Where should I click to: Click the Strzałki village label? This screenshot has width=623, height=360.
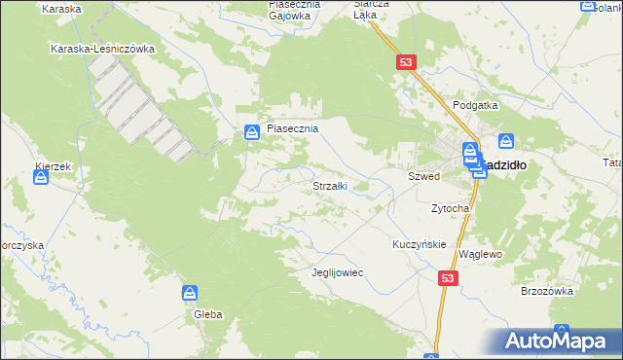pos(330,186)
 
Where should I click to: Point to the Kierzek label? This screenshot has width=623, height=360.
pos(53,166)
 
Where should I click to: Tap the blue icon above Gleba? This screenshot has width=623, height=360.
pos(191,293)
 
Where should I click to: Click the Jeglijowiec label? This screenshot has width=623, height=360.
pos(336,272)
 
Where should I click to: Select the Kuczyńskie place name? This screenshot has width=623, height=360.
pos(419,244)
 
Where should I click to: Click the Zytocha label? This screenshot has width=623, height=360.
pos(451,208)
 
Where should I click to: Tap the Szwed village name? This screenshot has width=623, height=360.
pos(424,177)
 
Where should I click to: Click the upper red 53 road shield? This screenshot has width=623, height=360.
pos(407,62)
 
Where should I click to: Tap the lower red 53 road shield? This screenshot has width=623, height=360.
pos(447,278)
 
